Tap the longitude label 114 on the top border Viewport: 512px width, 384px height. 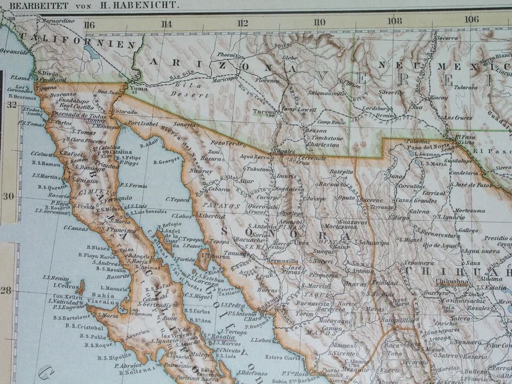(x=166, y=23)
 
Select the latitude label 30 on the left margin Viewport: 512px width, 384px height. (x=8, y=196)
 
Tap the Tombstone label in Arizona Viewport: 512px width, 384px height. (x=323, y=138)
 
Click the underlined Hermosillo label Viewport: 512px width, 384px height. (x=283, y=261)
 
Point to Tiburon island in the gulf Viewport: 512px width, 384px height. (x=203, y=260)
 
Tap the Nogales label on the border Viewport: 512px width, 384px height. (x=283, y=151)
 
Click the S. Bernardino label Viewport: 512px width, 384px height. (x=55, y=20)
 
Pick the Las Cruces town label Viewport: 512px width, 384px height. (x=458, y=117)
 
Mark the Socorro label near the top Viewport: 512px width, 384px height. (x=447, y=38)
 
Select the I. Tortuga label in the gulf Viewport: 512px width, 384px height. (x=233, y=332)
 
